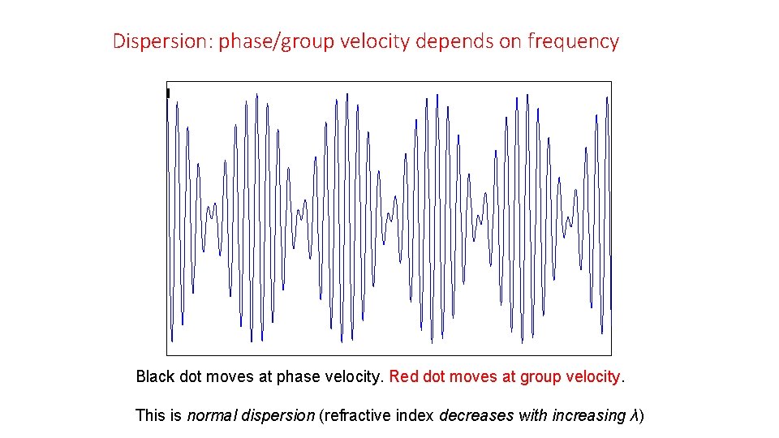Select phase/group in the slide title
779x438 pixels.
pos(276,41)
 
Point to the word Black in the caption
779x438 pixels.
pos(153,377)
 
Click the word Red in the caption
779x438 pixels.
pos(403,377)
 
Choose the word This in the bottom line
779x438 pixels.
pos(150,416)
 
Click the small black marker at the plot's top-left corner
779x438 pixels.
pos(168,93)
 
